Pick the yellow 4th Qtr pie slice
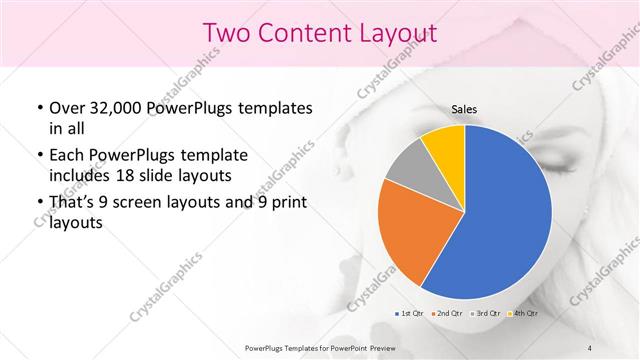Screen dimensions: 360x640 pyautogui.click(x=443, y=149)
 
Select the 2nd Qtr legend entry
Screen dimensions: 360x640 pyautogui.click(x=448, y=313)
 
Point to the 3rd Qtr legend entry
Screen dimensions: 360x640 pyautogui.click(x=485, y=313)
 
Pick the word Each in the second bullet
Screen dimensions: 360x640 pyautogui.click(x=66, y=155)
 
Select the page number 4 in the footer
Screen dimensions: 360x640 pyautogui.click(x=590, y=347)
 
